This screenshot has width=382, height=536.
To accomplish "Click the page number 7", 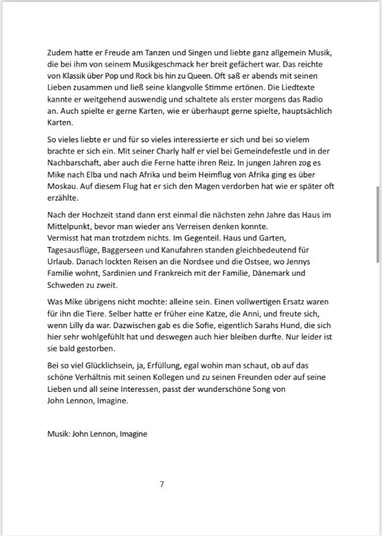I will click(x=162, y=484).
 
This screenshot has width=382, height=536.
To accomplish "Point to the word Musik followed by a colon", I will click(x=59, y=434).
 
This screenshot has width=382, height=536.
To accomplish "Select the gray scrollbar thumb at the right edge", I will click(x=378, y=224).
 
